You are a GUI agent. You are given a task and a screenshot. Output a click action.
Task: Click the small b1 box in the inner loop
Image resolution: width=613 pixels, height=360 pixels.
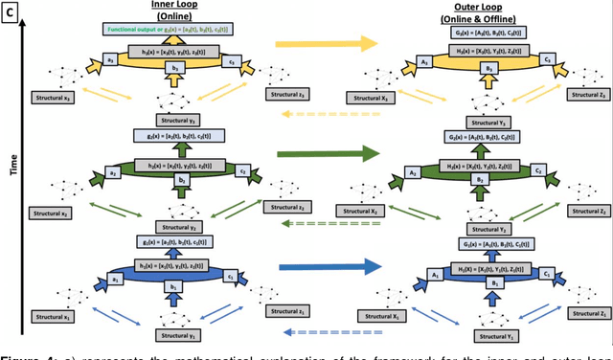[173, 284]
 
